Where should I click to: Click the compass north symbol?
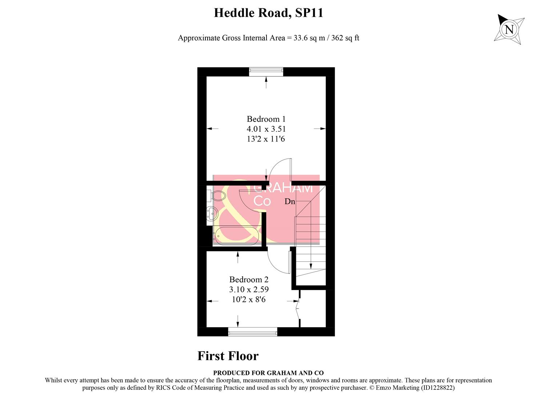[x=509, y=29]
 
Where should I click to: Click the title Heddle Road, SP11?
[x=268, y=13]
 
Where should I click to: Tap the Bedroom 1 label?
[x=266, y=119]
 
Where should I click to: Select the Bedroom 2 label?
[x=249, y=279]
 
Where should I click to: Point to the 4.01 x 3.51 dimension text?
[x=266, y=129]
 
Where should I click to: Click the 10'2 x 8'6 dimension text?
[x=249, y=299]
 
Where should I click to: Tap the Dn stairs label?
[x=289, y=202]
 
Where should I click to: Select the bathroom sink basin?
[x=212, y=213]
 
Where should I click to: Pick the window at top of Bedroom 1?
[x=266, y=72]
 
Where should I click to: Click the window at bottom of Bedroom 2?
[x=252, y=332]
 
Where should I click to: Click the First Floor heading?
[x=228, y=356]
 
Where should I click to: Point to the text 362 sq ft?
[x=345, y=38]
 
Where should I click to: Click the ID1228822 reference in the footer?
[x=437, y=388]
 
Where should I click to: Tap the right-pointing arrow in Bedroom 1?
[x=320, y=128]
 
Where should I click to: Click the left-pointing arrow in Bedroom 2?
[x=213, y=301]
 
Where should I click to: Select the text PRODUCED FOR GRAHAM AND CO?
[x=268, y=373]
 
